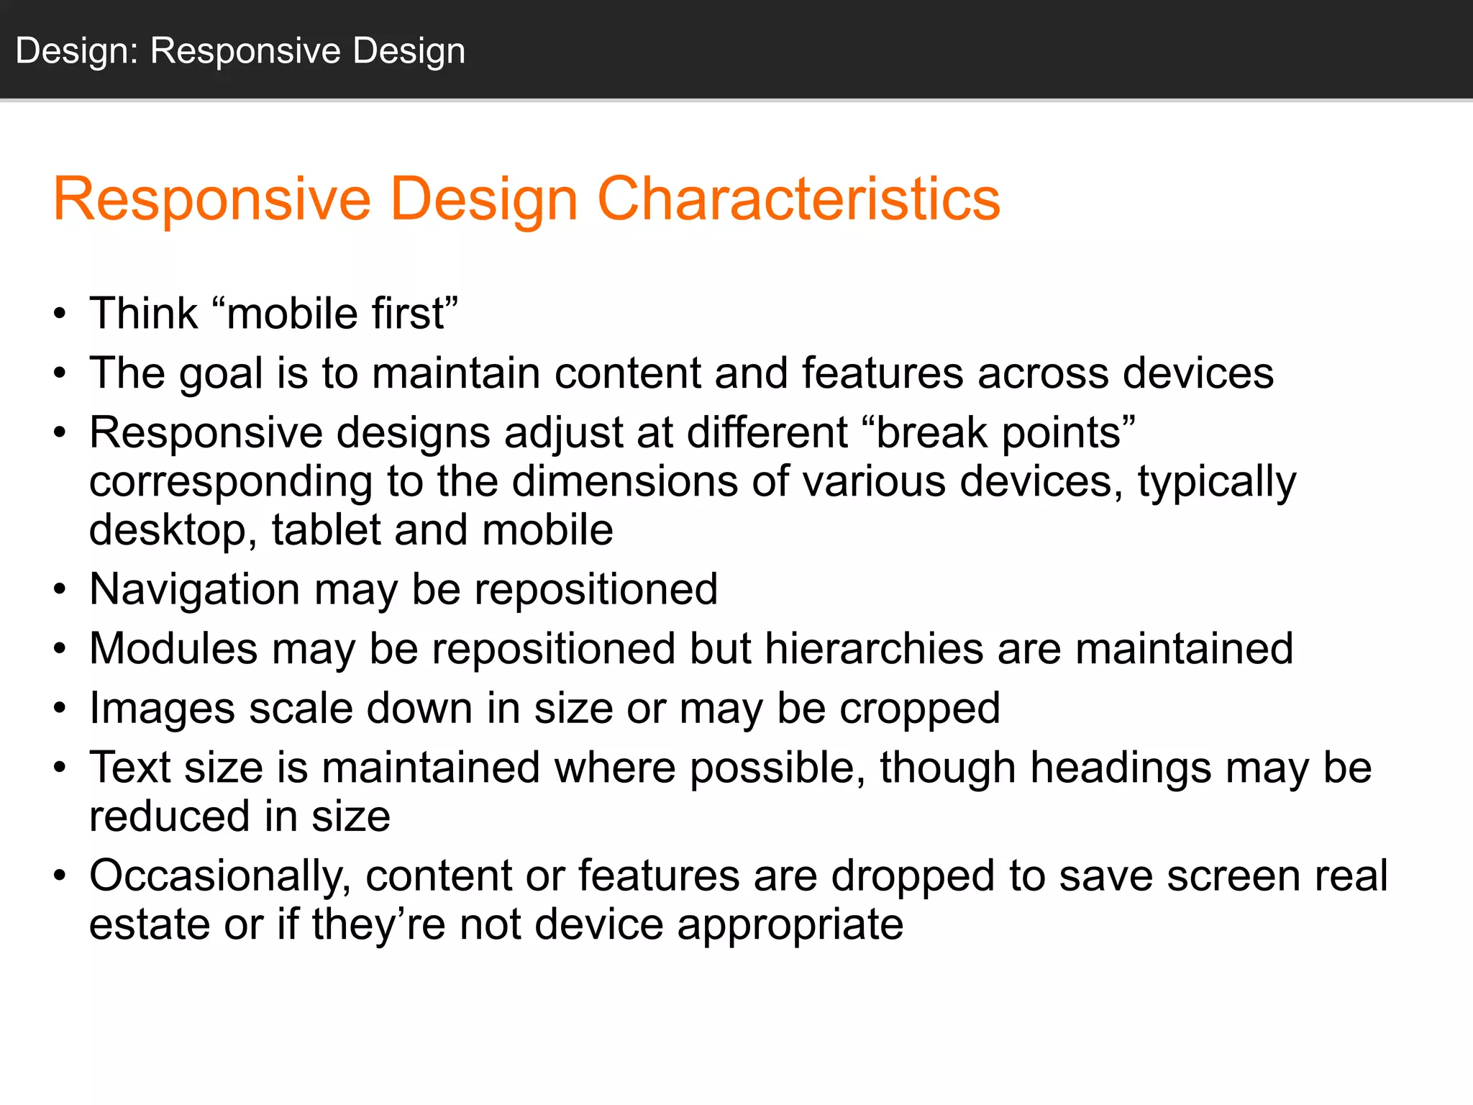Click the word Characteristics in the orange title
[798, 199]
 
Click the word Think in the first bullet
[143, 314]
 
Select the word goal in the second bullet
[221, 374]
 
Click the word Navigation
[194, 590]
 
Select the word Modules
[173, 649]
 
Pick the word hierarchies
[874, 649]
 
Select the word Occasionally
[220, 876]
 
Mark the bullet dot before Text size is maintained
[60, 768]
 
